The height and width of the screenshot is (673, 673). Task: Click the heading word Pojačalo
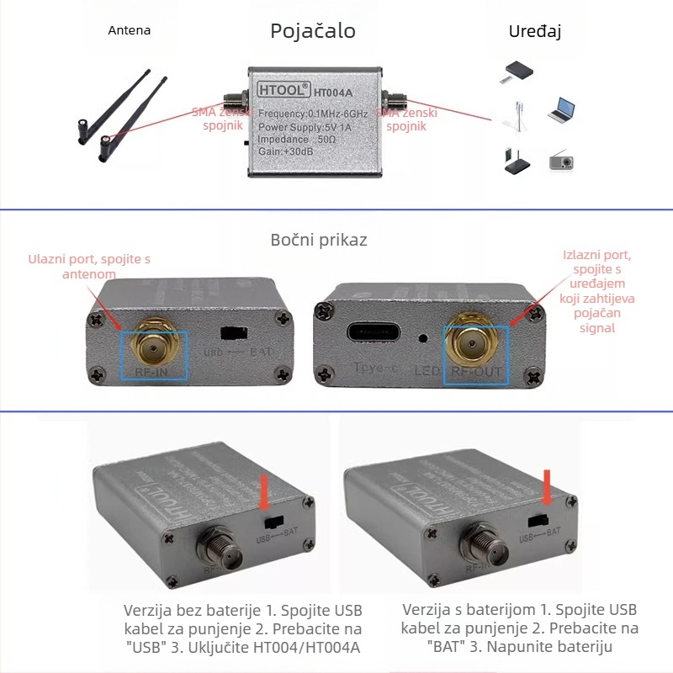pos(312,32)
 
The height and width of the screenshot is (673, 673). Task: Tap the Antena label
pos(130,30)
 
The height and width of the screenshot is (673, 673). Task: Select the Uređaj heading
pos(534,32)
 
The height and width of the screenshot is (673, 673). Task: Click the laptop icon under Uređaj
pos(561,110)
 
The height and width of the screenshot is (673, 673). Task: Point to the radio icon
pos(561,160)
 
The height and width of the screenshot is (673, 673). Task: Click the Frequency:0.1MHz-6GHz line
pos(313,114)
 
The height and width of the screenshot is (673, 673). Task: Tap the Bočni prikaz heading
pos(319,240)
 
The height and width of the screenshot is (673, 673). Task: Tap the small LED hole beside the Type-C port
pos(421,339)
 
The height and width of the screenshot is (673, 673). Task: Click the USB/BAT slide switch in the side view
pos(232,334)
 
